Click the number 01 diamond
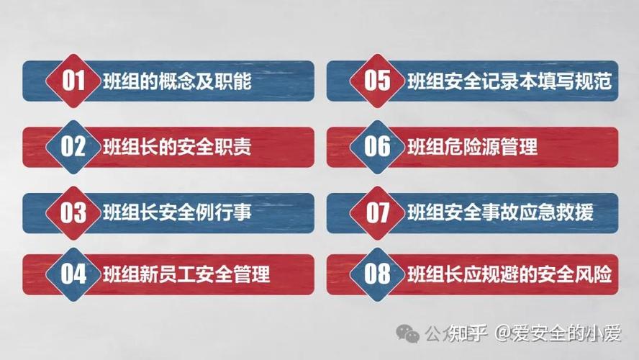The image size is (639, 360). click(73, 81)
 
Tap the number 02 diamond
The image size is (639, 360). click(73, 147)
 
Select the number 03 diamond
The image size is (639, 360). click(73, 212)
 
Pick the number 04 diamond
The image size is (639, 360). click(73, 274)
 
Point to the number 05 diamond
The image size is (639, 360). click(378, 81)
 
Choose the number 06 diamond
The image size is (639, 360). click(378, 147)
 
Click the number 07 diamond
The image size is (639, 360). click(378, 212)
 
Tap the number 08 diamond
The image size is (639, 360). click(378, 274)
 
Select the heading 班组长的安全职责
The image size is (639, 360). click(176, 148)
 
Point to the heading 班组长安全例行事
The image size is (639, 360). click(176, 213)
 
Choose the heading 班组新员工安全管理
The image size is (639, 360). click(186, 275)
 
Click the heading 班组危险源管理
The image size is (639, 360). click(472, 148)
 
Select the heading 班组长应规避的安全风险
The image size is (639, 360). click(509, 275)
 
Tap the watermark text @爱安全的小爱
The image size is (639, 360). click(556, 333)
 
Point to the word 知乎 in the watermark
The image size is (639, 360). click(468, 333)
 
